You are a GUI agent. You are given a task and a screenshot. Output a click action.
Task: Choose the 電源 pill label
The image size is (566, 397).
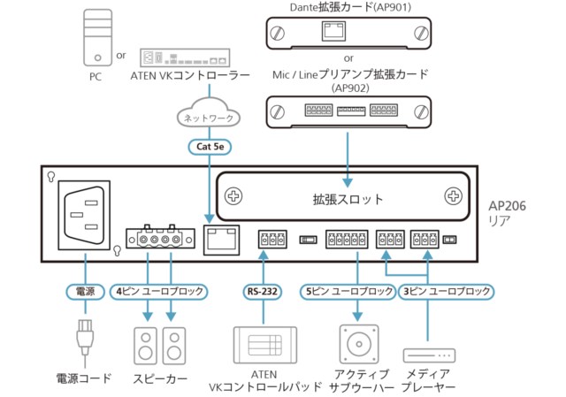pyautogui.click(x=84, y=290)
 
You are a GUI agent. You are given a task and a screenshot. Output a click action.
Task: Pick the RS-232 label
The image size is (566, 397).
pyautogui.click(x=263, y=290)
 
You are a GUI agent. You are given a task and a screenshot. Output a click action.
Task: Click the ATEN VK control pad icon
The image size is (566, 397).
pyautogui.click(x=263, y=344)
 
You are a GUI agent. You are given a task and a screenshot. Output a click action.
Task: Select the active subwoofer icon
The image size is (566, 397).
pyautogui.click(x=357, y=344)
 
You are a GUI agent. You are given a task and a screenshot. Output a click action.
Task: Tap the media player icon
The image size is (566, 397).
pyautogui.click(x=428, y=355)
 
